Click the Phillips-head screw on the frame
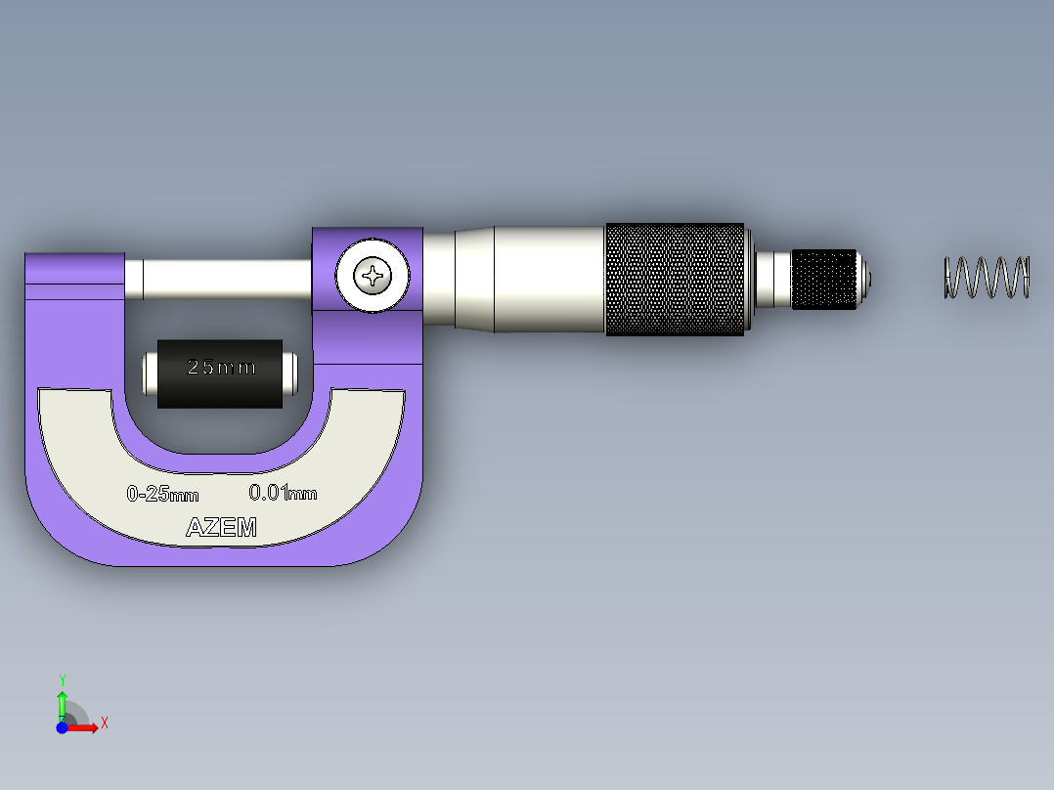click(x=373, y=277)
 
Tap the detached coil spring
click(x=987, y=277)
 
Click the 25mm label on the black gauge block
click(x=221, y=368)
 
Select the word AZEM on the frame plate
click(x=222, y=528)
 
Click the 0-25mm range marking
click(x=162, y=494)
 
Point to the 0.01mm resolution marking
click(x=283, y=492)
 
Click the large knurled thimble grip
click(x=675, y=279)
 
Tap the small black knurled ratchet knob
click(x=824, y=279)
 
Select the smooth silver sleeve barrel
click(x=549, y=279)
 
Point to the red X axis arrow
click(x=85, y=727)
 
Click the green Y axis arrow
click(x=62, y=703)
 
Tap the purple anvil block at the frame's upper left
click(x=73, y=277)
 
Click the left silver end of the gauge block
click(x=150, y=373)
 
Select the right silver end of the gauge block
click(x=289, y=373)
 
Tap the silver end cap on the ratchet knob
click(x=864, y=279)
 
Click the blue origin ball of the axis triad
click(x=62, y=727)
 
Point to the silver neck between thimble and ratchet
click(x=773, y=279)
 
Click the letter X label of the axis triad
click(x=104, y=723)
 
